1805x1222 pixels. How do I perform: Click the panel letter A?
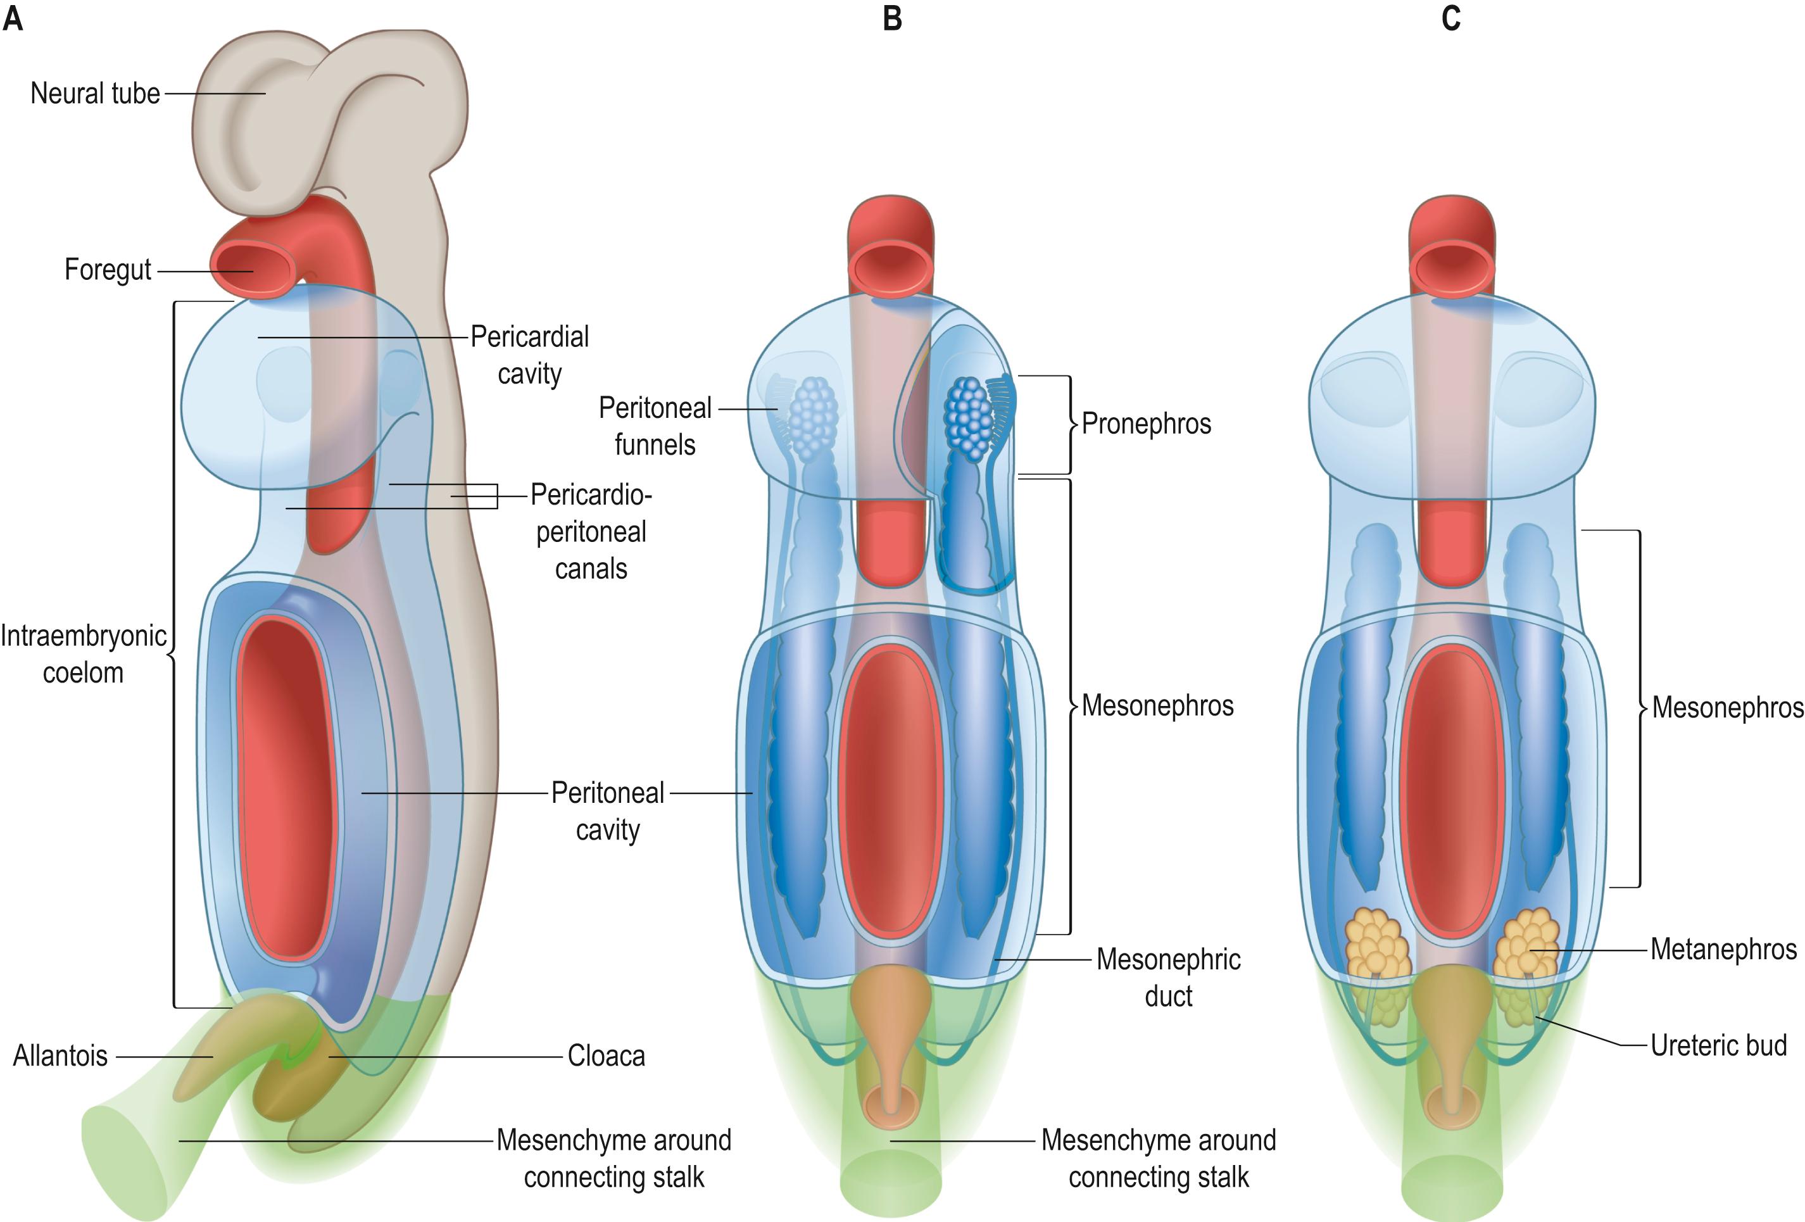point(13,18)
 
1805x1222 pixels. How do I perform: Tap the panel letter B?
point(893,18)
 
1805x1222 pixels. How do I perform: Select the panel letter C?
point(1450,18)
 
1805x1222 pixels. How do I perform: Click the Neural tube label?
point(95,94)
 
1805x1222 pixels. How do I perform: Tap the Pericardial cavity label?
point(530,355)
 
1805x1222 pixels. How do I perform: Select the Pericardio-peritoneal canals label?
point(591,532)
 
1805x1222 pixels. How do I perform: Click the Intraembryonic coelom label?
point(83,654)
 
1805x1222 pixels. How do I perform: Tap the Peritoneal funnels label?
point(655,427)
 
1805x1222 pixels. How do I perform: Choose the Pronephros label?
point(1145,424)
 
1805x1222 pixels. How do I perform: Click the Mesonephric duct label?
point(1168,978)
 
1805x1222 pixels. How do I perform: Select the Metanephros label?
point(1723,949)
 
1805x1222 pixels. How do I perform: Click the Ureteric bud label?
point(1718,1045)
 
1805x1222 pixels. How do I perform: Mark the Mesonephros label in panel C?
point(1727,708)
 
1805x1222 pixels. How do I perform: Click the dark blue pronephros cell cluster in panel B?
point(968,417)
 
